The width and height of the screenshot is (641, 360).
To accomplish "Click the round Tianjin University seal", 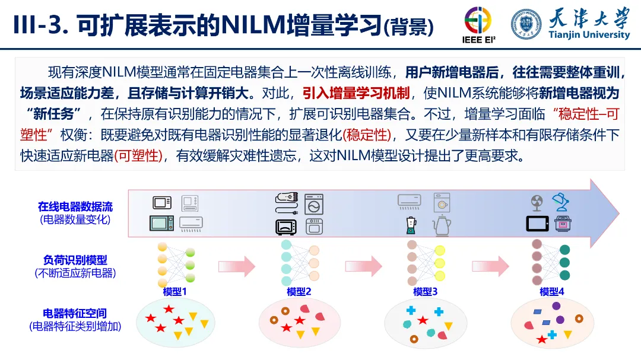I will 526,24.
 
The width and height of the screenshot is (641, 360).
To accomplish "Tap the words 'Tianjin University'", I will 589,35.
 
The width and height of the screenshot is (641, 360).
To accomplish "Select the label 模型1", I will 174,292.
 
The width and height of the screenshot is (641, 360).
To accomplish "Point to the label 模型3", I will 425,292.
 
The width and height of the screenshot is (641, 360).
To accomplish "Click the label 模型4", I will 552,292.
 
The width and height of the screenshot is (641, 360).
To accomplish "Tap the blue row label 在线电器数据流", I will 75,207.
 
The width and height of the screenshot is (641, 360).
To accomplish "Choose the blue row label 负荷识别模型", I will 75,260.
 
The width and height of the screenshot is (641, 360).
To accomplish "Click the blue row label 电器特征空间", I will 75,313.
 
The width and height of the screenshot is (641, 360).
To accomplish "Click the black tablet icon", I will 536,224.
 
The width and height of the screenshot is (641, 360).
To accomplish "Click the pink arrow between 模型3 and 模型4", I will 491,266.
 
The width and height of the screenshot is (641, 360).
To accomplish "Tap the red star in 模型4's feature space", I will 541,340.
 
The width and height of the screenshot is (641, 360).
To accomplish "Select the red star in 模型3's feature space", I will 423,320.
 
